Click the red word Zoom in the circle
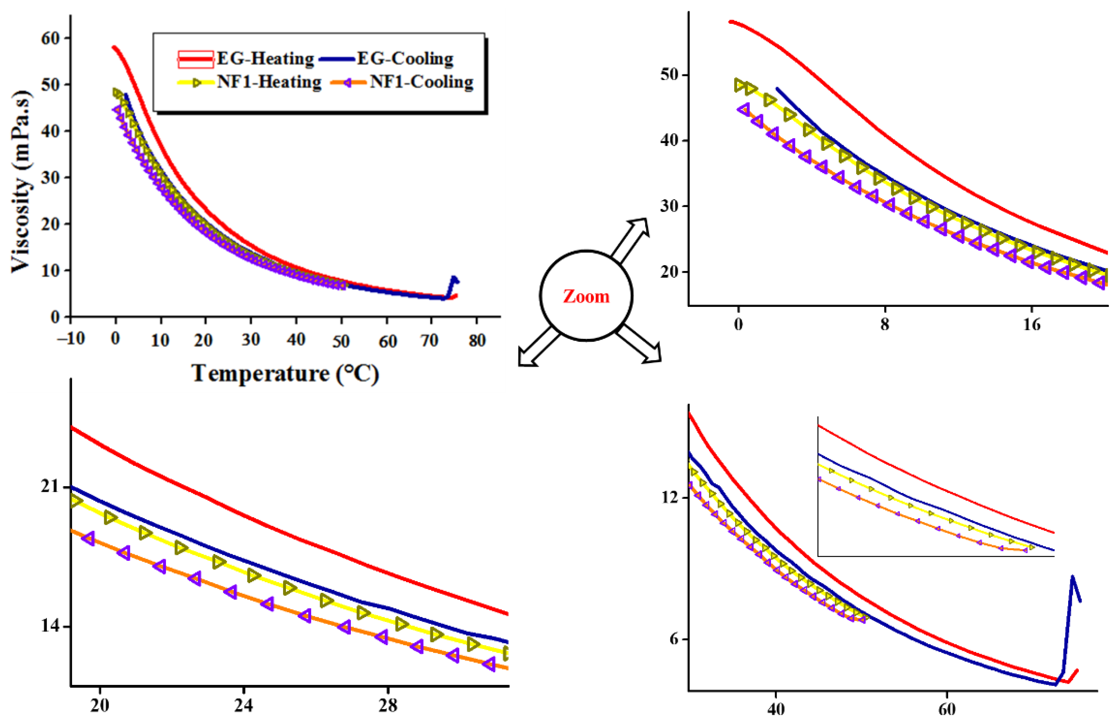pyautogui.click(x=586, y=296)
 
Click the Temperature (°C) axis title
pyautogui.click(x=285, y=373)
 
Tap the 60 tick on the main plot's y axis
pyautogui.click(x=50, y=38)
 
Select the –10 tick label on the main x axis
pyautogui.click(x=71, y=338)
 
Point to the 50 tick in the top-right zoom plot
pyautogui.click(x=669, y=75)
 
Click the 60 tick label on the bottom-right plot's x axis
pyautogui.click(x=947, y=709)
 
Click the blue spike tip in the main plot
pyautogui.click(x=453, y=277)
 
